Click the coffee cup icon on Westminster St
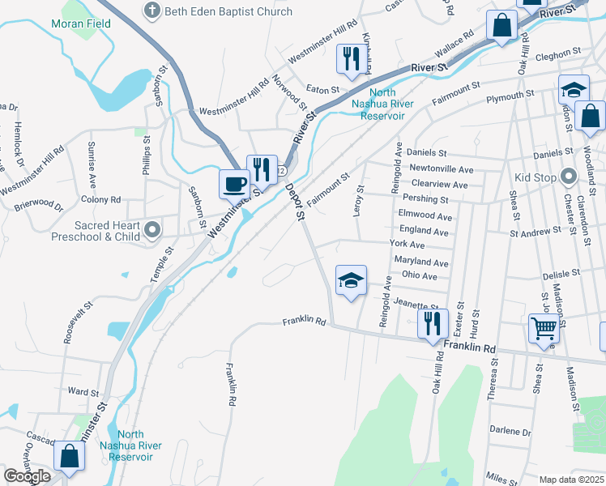[235, 183]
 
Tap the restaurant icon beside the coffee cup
[262, 168]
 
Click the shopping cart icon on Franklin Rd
[544, 328]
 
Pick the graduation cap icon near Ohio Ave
[351, 280]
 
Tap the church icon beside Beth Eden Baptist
[151, 11]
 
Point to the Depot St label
[295, 202]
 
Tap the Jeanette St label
[416, 304]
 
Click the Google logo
[27, 476]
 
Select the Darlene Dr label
[510, 432]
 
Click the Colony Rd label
[100, 199]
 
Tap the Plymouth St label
[508, 99]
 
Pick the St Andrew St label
[535, 232]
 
